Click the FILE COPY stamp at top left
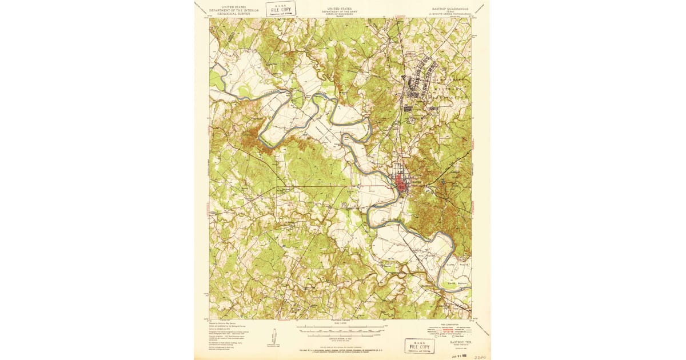tap(281, 9)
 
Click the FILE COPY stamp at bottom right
tap(419, 345)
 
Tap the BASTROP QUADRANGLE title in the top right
tap(449, 9)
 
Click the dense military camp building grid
tap(420, 77)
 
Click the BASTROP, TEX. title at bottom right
tap(457, 341)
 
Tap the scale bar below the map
tap(341, 329)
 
